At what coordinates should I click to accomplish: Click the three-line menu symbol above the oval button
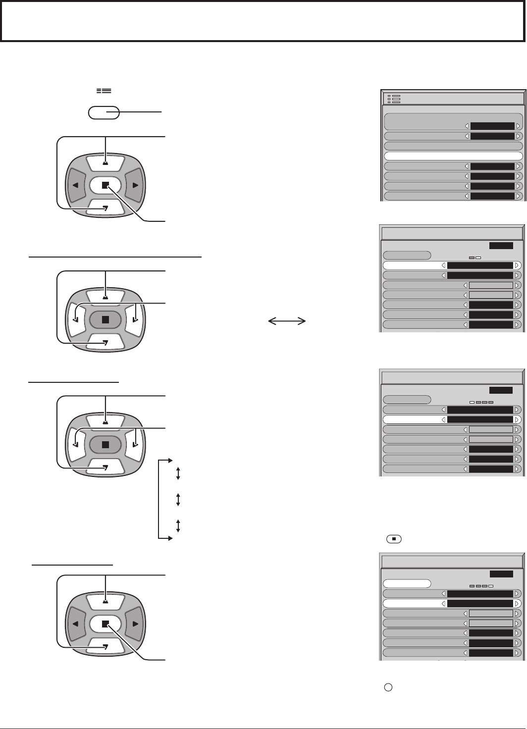point(104,91)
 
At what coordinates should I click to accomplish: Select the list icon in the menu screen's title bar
point(394,99)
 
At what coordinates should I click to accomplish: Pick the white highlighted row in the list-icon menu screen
point(453,156)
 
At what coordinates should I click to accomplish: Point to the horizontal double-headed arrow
point(287,321)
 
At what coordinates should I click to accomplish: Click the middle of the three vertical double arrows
point(178,499)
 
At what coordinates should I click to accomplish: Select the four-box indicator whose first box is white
point(481,402)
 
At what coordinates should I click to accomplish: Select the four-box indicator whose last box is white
point(481,586)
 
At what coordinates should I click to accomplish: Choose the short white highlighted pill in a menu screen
point(407,584)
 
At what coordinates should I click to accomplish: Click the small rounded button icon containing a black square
point(394,538)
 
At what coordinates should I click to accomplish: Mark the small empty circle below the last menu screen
point(389,687)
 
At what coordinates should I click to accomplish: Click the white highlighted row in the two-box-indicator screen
point(452,265)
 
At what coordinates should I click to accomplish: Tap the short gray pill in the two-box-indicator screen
point(407,256)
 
